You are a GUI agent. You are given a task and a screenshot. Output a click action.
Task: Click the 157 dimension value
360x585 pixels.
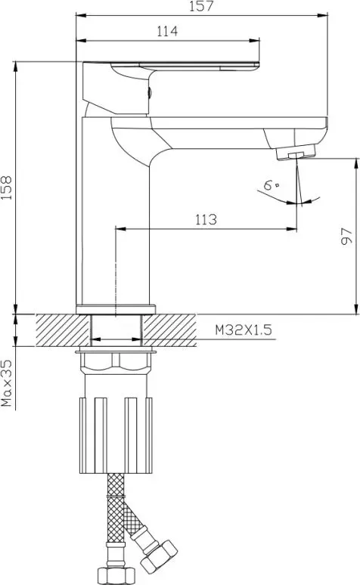tap(201, 6)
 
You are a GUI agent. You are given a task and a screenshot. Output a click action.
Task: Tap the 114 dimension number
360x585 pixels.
tap(167, 30)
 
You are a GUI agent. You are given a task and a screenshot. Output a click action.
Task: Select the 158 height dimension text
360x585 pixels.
tap(7, 187)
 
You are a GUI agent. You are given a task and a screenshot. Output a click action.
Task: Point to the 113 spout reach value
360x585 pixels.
tap(206, 219)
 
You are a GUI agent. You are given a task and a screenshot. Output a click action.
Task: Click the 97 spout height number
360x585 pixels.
tap(347, 236)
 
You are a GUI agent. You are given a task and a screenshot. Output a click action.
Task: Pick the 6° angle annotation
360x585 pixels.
tap(270, 185)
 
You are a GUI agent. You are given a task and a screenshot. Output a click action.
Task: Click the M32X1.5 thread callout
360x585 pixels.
tap(244, 330)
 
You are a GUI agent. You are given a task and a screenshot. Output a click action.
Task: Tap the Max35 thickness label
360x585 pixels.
tap(7, 382)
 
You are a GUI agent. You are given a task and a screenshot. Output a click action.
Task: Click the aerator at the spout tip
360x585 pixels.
tap(296, 152)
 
